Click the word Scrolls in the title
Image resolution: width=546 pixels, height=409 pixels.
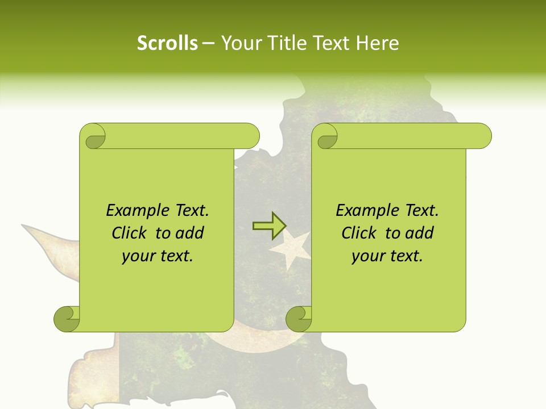[x=168, y=43]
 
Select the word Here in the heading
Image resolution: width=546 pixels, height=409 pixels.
[x=377, y=43]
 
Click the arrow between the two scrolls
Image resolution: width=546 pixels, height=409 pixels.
[x=269, y=226]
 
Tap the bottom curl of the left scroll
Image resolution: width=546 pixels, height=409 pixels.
[x=67, y=319]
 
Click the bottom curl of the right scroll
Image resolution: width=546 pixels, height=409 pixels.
[x=299, y=319]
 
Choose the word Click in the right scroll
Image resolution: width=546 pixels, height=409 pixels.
[x=359, y=233]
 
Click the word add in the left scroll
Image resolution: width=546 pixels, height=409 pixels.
[x=189, y=233]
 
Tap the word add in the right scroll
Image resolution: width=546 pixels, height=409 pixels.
[x=419, y=233]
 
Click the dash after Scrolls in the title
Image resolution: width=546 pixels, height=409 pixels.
[x=209, y=43]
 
